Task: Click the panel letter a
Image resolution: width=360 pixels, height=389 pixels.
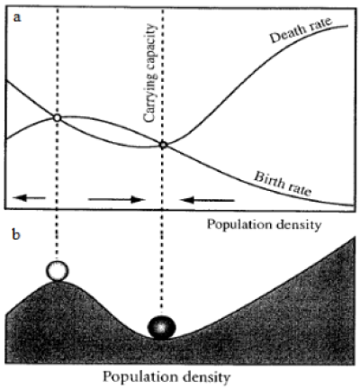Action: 17,17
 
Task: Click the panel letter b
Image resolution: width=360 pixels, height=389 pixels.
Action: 16,234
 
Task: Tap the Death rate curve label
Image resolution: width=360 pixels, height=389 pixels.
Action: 301,30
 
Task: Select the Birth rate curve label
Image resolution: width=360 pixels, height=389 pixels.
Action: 283,184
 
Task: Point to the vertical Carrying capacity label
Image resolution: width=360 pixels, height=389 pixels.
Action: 150,73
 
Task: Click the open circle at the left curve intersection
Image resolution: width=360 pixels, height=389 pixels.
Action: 57,118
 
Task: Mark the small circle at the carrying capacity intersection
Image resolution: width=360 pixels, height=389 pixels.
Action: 163,145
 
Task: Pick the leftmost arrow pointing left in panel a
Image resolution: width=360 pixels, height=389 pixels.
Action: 29,197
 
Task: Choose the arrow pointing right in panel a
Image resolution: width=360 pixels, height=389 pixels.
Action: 117,199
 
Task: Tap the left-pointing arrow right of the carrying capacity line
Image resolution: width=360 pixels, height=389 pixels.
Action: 207,200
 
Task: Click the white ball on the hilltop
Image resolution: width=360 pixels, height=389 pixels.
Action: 57,270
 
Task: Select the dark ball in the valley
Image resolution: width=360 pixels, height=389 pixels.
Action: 162,328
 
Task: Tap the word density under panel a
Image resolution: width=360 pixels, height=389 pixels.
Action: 300,225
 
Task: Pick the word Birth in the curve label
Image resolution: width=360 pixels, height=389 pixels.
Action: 269,179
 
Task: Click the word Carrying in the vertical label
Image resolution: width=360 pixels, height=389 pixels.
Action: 150,98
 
